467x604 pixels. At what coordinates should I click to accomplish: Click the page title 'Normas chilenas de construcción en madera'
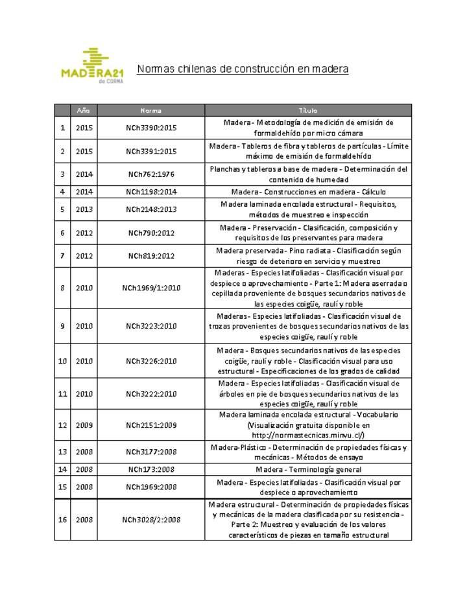(x=243, y=68)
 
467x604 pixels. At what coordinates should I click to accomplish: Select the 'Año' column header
(x=84, y=110)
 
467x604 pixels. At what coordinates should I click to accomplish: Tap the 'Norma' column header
(x=151, y=110)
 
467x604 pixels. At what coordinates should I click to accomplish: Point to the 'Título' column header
(x=308, y=110)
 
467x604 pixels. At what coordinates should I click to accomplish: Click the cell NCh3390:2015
(x=151, y=128)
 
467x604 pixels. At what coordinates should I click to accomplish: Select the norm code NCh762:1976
(x=151, y=174)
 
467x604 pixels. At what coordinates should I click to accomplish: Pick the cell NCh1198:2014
(x=151, y=192)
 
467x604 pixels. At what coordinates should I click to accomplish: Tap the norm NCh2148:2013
(x=151, y=209)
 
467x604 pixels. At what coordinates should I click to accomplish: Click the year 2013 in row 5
(x=84, y=209)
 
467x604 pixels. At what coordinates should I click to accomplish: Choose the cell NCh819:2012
(x=151, y=256)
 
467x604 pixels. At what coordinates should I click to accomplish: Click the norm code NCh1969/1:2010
(x=151, y=288)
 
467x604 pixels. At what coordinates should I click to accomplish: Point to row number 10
(x=62, y=360)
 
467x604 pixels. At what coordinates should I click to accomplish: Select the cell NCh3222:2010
(x=151, y=393)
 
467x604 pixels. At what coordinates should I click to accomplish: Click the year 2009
(x=84, y=425)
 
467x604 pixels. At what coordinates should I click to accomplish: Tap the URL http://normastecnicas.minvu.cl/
(x=312, y=435)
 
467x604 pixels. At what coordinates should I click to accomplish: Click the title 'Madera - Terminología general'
(x=308, y=469)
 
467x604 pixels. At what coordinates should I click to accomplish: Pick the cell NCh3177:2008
(x=151, y=452)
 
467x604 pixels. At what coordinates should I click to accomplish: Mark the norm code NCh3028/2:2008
(x=151, y=519)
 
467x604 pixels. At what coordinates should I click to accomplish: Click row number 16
(x=62, y=519)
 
